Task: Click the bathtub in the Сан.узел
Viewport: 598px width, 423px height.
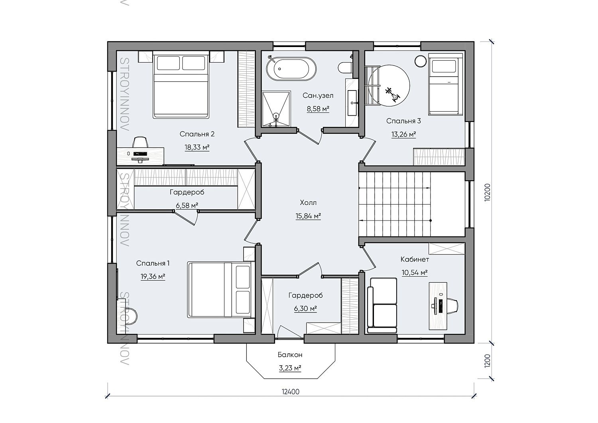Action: [291, 69]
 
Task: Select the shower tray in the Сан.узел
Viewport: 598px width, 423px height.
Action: [276, 109]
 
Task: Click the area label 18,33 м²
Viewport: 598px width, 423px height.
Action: [197, 147]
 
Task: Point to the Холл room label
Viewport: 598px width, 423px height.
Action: [308, 203]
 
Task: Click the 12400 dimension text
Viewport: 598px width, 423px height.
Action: [291, 392]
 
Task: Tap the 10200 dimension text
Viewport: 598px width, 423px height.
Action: [487, 192]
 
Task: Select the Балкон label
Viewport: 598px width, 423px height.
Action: [290, 355]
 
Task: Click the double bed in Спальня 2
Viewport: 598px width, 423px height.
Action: [181, 85]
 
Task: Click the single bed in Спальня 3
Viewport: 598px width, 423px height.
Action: [446, 84]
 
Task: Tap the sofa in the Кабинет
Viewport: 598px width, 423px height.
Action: [382, 305]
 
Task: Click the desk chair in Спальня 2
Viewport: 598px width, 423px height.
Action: [140, 142]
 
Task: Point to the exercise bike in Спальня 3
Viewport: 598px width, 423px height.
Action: [392, 94]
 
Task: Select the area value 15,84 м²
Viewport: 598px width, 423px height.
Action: [308, 216]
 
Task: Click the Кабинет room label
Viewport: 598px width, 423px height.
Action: [415, 259]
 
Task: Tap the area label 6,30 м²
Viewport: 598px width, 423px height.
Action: [305, 309]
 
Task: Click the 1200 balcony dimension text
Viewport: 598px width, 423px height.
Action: [487, 361]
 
